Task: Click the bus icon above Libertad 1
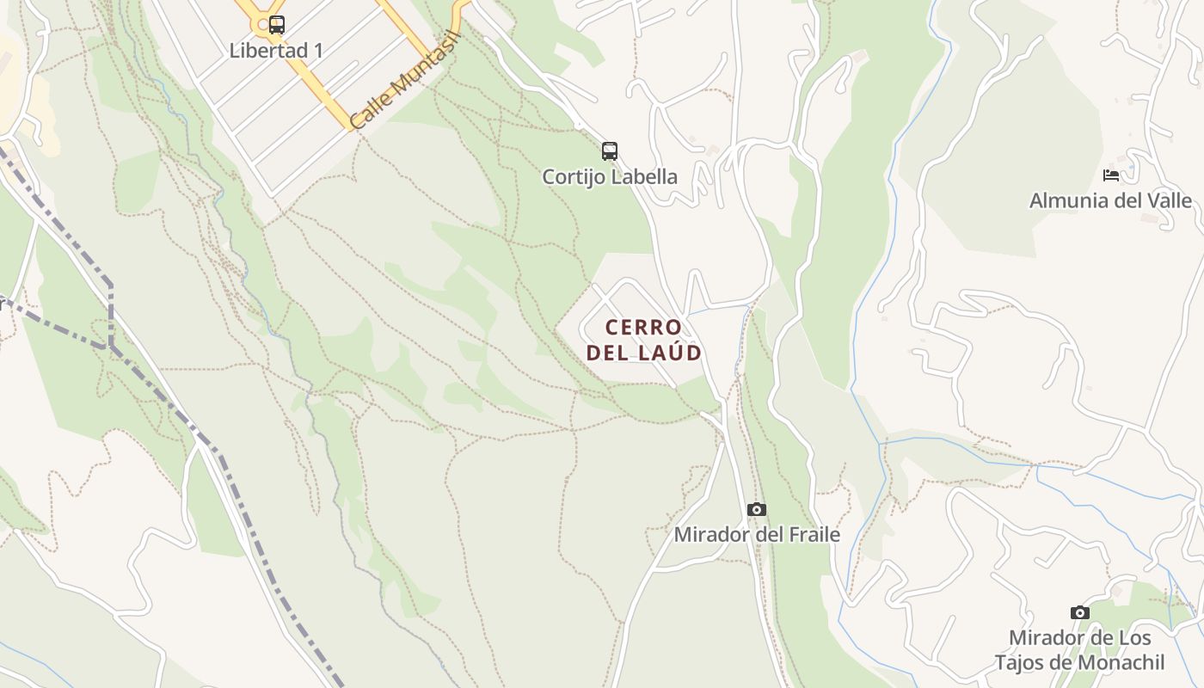point(276,25)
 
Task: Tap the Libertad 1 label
point(276,51)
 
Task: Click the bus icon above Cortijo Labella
point(610,151)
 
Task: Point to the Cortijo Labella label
point(610,177)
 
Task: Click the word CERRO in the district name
point(643,328)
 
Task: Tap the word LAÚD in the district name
point(669,353)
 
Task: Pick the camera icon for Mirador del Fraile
point(757,509)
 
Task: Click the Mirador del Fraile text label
point(757,535)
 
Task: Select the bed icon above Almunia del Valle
point(1111,175)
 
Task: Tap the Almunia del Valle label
point(1111,201)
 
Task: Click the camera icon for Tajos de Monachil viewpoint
point(1080,612)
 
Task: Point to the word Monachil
point(1123,663)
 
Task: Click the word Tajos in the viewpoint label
point(1022,663)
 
